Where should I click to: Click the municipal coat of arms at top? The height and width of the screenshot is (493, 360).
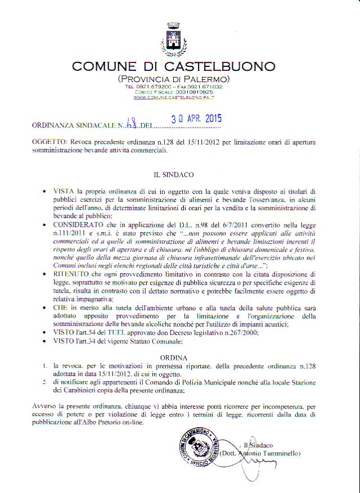tap(173, 38)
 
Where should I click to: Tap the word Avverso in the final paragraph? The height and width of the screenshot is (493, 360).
tap(46, 406)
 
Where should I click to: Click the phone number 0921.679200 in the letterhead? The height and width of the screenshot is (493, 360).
tap(152, 87)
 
